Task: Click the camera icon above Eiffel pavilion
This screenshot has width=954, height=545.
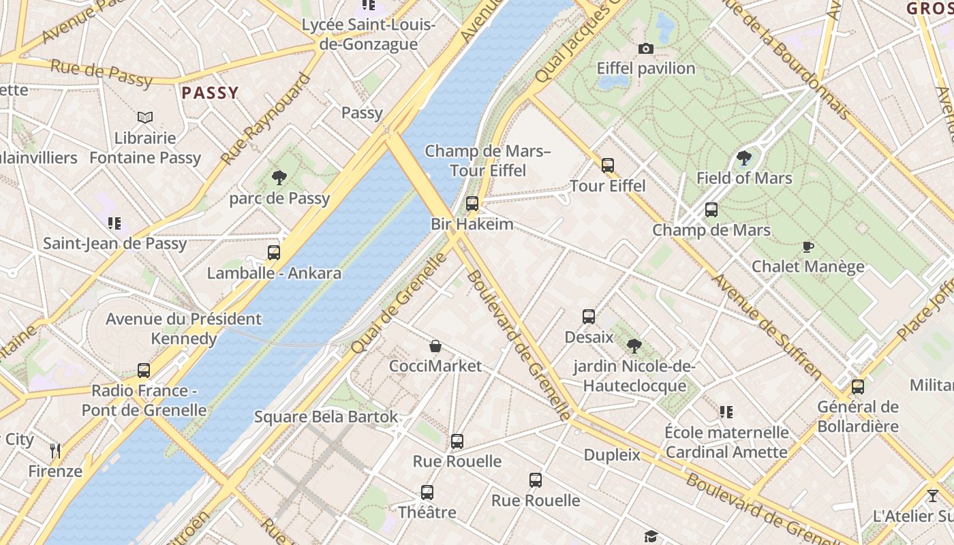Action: tap(645, 48)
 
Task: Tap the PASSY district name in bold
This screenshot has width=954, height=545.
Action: tap(210, 93)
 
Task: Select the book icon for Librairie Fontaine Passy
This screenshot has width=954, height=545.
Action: tap(145, 118)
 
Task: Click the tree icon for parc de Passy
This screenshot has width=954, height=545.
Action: tap(279, 178)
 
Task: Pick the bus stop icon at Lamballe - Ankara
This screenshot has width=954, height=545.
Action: tap(273, 253)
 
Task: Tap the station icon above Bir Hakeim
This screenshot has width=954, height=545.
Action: tap(472, 203)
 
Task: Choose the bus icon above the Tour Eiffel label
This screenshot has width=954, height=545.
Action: tap(607, 165)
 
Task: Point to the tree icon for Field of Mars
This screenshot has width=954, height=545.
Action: tap(743, 158)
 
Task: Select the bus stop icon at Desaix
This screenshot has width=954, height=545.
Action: tap(589, 317)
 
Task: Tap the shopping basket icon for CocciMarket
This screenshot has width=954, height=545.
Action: tap(435, 346)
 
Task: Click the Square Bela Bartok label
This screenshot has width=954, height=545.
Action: tap(326, 416)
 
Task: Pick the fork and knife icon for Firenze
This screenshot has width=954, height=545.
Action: tap(55, 450)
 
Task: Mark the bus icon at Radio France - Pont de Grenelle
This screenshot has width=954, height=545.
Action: tap(144, 371)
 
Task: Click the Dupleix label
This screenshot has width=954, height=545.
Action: tap(612, 454)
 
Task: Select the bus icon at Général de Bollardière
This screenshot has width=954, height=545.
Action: tap(857, 387)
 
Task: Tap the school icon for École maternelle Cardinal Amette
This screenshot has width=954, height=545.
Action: tap(726, 412)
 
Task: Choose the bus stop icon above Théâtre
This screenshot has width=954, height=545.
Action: tap(427, 492)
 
